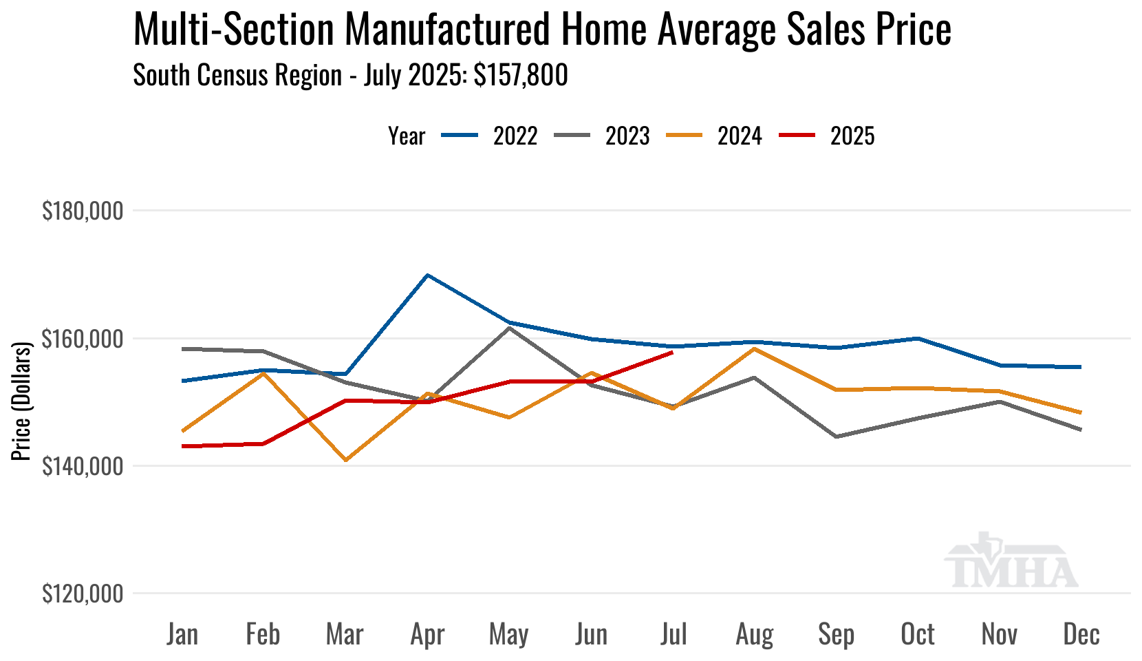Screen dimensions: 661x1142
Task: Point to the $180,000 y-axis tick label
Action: pos(83,211)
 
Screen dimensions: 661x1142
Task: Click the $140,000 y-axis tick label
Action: pos(83,466)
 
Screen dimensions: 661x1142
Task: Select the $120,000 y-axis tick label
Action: pos(83,594)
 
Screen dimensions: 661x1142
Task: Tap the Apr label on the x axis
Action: pos(427,634)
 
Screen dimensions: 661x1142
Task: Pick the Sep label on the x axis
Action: pos(836,634)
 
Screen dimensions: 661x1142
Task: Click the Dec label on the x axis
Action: pos(1081,634)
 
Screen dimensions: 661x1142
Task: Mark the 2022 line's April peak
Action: pos(427,275)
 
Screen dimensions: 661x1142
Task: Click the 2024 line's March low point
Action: pos(345,460)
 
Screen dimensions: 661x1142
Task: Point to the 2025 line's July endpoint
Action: pos(672,352)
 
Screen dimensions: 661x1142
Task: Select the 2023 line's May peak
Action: pos(509,328)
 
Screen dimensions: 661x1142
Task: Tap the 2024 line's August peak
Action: pos(754,348)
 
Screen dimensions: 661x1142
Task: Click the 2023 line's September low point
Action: pos(836,437)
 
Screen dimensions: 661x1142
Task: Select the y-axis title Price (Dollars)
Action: pos(22,401)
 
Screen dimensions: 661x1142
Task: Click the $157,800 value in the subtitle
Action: pos(521,75)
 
